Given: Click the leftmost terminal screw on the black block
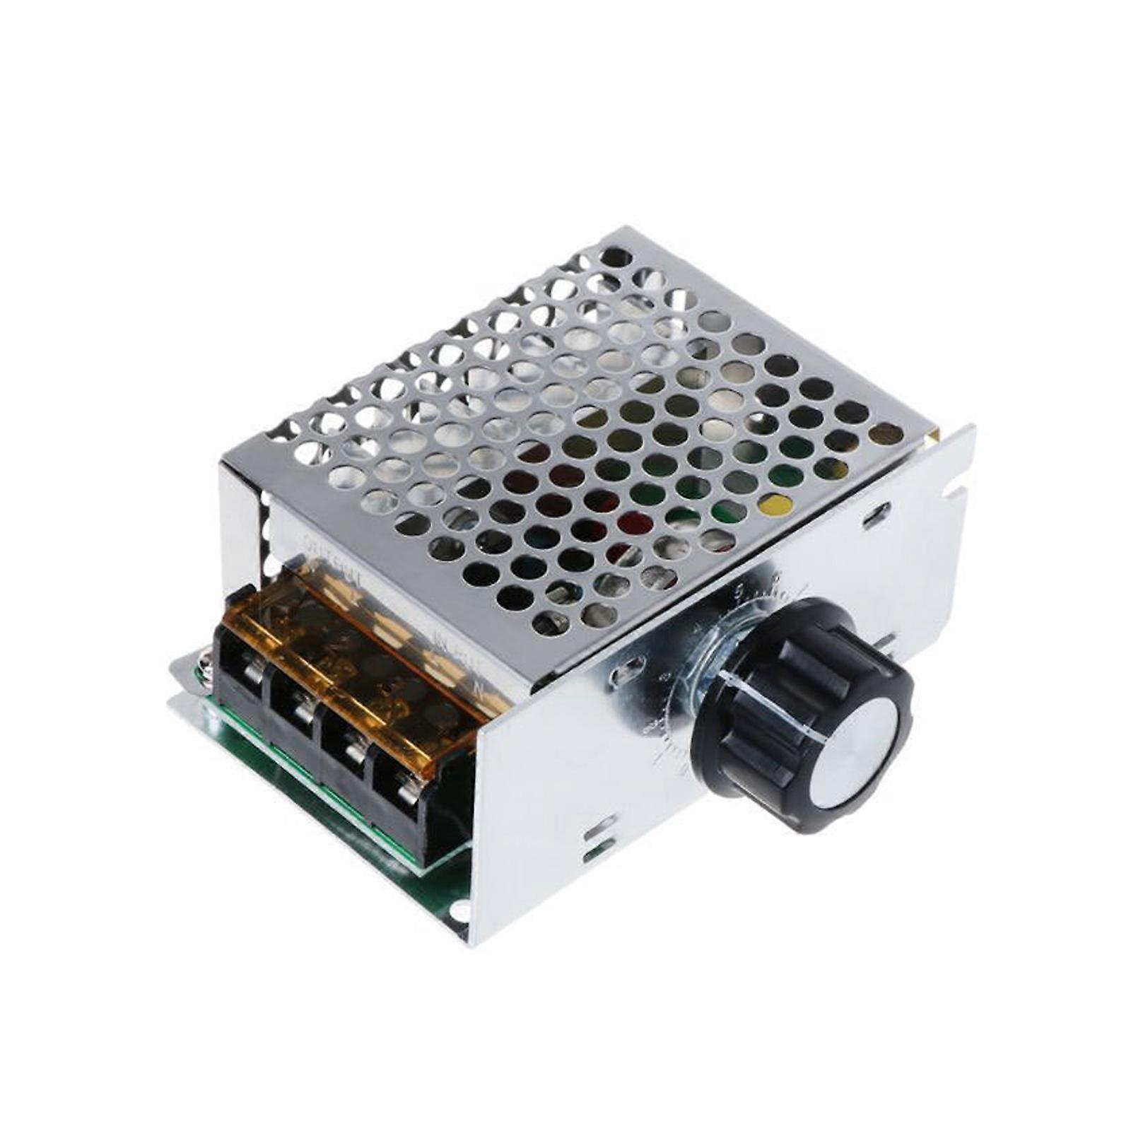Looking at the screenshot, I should pos(248,669).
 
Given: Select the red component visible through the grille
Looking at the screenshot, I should pos(634,522).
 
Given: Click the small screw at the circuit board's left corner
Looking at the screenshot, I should pos(205,664).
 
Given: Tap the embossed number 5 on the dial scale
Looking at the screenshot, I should pos(739,589).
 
